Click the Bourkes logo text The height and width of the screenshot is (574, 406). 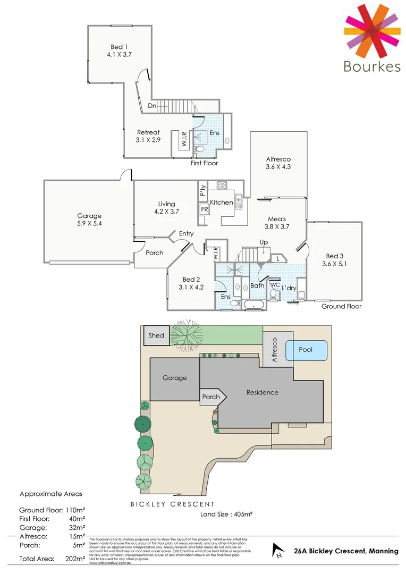371,66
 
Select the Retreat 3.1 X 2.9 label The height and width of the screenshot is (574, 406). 148,136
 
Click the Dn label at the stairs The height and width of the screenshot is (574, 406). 152,106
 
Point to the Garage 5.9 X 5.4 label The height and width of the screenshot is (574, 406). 89,220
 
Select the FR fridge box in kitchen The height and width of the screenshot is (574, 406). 204,209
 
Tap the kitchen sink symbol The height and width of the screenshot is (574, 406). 239,200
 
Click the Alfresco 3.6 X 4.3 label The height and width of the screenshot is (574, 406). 278,163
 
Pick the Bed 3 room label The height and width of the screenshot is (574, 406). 334,259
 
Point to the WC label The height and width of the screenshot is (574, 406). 275,285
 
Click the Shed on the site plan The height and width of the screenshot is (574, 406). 156,335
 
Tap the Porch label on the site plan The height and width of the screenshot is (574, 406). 211,397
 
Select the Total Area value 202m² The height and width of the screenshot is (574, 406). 75,559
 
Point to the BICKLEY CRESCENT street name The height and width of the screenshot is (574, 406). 173,504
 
